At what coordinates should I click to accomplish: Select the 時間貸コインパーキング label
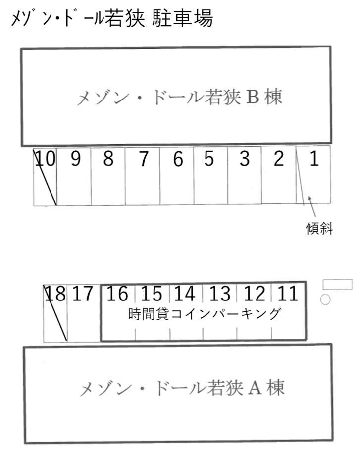pos(204,315)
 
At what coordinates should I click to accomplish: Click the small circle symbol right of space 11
pos(325,299)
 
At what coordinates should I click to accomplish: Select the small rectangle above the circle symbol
pos(337,284)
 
